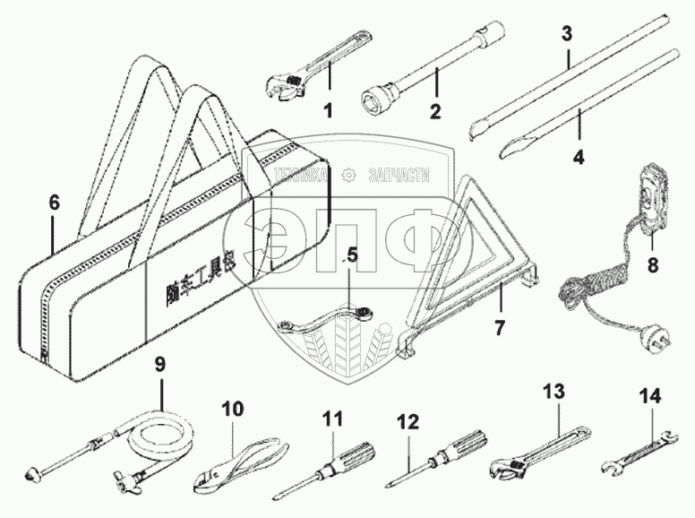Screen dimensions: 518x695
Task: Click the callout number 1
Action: click(328, 113)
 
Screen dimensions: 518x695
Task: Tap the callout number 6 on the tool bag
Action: click(54, 203)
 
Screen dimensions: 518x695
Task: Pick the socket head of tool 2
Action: click(382, 96)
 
